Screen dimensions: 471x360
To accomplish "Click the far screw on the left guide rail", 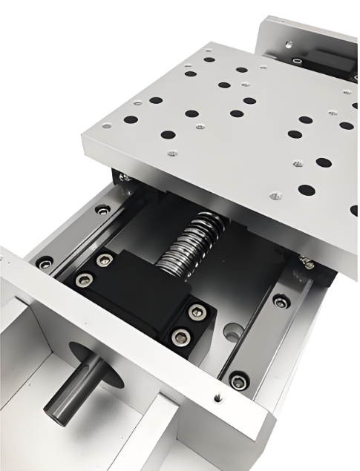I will pos(102,210).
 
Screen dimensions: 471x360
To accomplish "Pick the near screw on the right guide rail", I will pos(239,381).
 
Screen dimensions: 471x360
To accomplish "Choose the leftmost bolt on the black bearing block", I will pos(84,279).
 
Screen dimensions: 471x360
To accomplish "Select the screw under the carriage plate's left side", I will pos(125,177).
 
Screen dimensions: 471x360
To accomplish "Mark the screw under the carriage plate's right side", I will pos(307,262).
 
